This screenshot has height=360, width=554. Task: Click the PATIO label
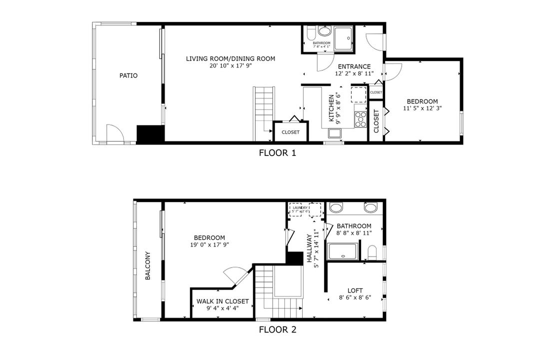click(128, 76)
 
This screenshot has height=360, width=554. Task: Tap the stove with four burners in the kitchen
click(360, 118)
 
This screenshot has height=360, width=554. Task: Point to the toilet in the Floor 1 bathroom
click(311, 34)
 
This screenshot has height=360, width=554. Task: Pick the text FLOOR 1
click(277, 153)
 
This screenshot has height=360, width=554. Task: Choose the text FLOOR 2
click(277, 329)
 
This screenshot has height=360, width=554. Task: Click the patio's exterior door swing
click(114, 133)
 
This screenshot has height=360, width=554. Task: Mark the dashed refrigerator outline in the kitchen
click(359, 94)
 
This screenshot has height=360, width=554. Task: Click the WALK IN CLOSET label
click(222, 301)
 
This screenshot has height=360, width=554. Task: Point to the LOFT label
click(355, 290)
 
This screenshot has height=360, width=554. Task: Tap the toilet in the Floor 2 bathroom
click(372, 251)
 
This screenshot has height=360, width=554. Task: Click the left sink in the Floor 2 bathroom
click(337, 207)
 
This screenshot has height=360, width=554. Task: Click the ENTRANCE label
click(354, 66)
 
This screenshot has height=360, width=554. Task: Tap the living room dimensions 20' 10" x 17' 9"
click(230, 65)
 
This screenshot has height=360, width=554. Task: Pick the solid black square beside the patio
click(151, 134)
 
